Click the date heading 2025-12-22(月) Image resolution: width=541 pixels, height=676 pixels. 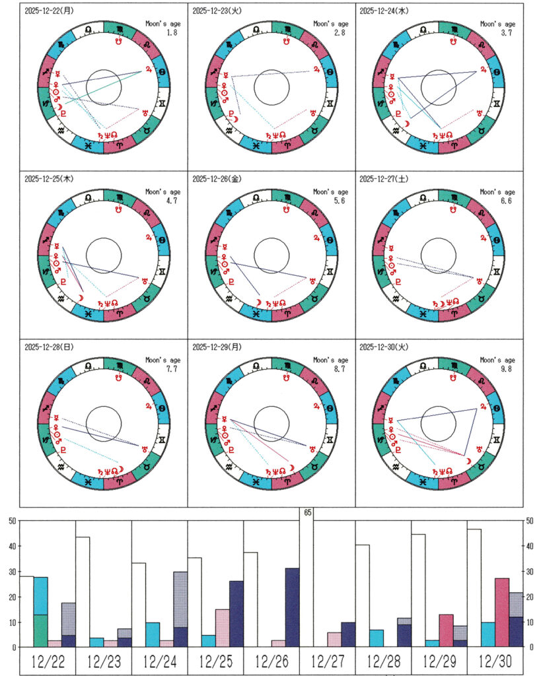tap(48, 11)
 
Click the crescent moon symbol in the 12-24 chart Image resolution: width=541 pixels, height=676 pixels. tap(408, 123)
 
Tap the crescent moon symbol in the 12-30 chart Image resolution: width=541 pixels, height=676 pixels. tap(468, 460)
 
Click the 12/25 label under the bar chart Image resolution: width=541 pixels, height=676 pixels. tap(215, 661)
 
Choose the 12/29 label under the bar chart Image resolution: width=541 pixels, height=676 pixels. tap(439, 661)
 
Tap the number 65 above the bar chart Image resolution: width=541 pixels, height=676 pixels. tap(307, 512)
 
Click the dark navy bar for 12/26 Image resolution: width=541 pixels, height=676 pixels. tap(292, 607)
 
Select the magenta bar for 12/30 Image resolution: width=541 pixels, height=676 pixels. tap(502, 613)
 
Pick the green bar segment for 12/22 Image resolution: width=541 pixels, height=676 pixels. tap(40, 630)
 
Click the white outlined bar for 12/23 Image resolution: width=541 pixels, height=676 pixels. tap(83, 591)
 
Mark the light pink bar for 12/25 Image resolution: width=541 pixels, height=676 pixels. tap(223, 628)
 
